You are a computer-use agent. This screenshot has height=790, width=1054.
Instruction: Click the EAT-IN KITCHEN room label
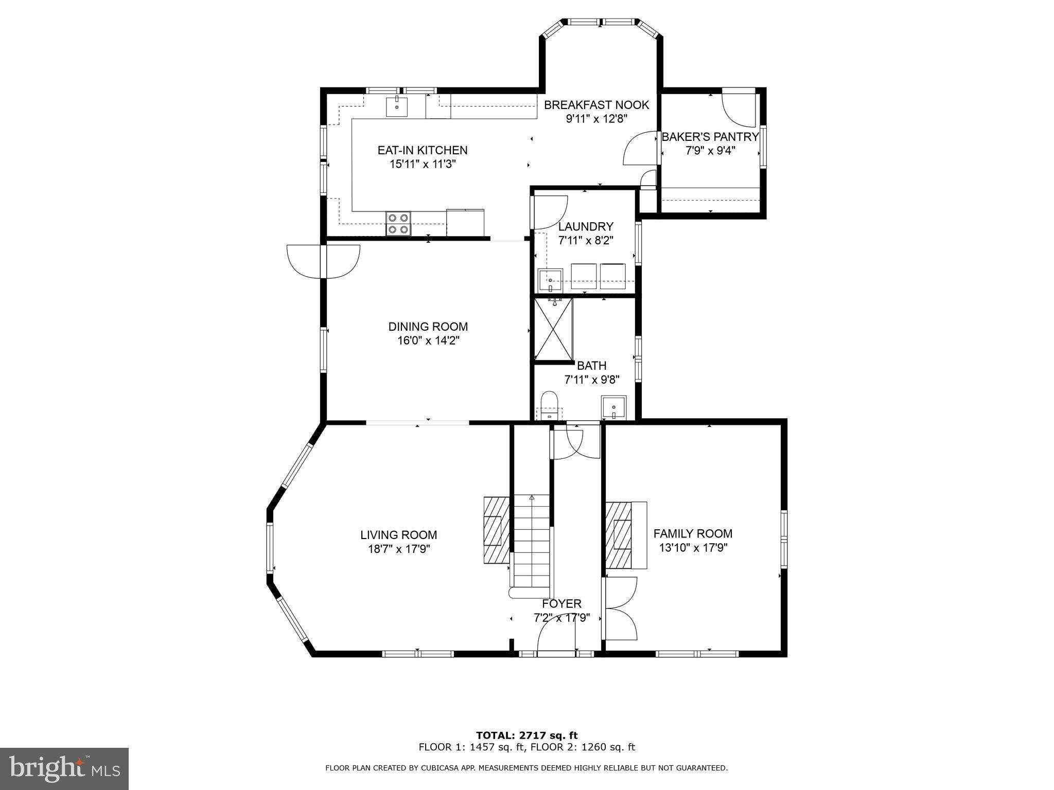click(x=423, y=150)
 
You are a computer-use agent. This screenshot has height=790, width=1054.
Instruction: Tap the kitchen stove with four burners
click(x=398, y=224)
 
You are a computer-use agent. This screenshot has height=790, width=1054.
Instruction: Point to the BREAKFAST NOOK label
click(x=596, y=105)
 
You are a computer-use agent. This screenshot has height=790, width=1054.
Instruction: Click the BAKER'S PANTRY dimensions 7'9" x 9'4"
click(x=710, y=151)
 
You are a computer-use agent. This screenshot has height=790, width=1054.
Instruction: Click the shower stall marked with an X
click(x=553, y=329)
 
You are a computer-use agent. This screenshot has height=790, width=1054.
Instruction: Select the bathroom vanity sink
click(x=613, y=407)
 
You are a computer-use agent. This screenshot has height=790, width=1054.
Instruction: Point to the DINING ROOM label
click(x=428, y=327)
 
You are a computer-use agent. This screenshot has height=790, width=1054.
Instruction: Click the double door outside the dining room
click(x=323, y=261)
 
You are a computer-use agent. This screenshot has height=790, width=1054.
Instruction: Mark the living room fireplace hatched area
click(x=496, y=530)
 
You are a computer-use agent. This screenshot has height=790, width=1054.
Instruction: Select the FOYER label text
click(x=561, y=603)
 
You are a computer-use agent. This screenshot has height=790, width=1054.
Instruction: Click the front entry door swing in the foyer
click(x=556, y=635)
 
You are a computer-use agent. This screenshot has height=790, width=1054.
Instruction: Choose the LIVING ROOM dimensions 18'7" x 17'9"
click(x=399, y=549)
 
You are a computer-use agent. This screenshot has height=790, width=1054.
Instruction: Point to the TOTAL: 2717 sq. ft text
click(x=526, y=735)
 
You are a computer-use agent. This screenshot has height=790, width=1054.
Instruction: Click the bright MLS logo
click(x=64, y=769)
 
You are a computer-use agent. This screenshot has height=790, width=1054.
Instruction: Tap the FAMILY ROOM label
click(x=693, y=533)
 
